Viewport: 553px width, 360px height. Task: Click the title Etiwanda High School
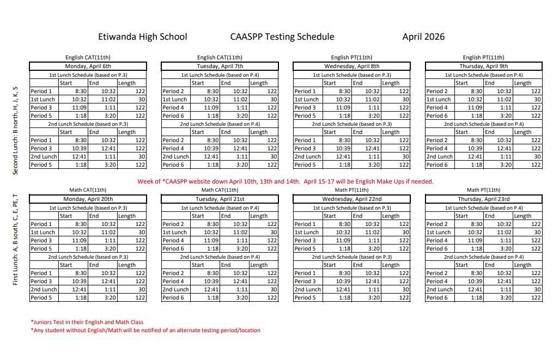142,37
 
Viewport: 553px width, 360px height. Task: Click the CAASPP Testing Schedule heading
282,37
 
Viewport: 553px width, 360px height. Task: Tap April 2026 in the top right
423,37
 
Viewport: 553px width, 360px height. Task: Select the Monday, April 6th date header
88,66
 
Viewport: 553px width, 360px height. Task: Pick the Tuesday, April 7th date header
220,66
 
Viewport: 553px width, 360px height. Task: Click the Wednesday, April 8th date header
351,66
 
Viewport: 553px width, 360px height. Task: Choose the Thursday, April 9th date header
483,66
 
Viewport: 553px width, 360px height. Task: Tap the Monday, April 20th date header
88,199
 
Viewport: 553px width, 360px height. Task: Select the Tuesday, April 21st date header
220,199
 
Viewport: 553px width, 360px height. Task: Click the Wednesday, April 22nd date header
351,199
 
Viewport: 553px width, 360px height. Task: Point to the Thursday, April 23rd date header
483,199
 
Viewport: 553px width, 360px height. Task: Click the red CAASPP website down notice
285,181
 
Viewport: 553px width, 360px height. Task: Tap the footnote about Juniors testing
87,322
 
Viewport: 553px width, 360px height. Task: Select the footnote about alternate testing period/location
145,330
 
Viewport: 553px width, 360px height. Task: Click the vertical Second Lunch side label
15,131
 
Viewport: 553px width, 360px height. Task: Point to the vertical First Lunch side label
15,240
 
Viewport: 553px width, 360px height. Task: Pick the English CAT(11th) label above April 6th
88,57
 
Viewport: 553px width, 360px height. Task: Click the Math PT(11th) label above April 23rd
483,190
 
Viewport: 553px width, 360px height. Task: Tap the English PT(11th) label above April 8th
351,57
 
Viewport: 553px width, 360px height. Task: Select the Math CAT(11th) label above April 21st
220,190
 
